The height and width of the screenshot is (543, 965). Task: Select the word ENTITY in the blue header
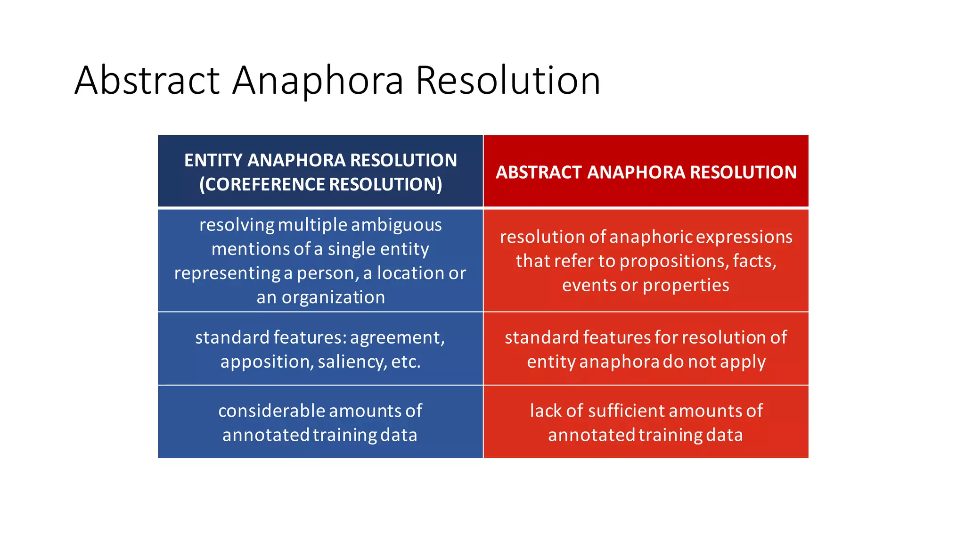pyautogui.click(x=213, y=160)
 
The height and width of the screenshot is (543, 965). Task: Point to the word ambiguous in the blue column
pyautogui.click(x=396, y=225)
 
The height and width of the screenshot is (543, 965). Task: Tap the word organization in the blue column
pyautogui.click(x=333, y=297)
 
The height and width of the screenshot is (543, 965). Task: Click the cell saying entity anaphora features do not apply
pyautogui.click(x=646, y=349)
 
